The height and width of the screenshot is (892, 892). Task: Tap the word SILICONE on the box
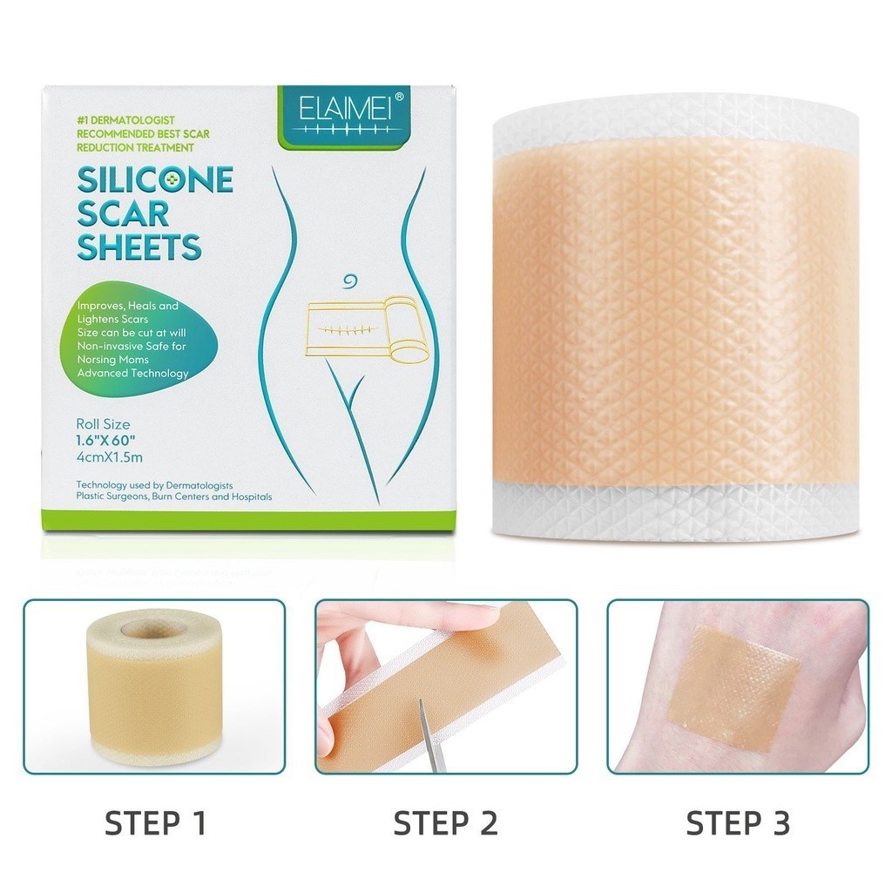(155, 179)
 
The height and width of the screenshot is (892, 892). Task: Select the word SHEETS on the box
(139, 247)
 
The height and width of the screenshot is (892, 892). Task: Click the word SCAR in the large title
(123, 213)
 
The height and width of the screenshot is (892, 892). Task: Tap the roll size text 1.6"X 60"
(105, 440)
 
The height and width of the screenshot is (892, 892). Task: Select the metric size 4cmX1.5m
(109, 456)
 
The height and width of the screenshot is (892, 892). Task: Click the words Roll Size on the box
(103, 424)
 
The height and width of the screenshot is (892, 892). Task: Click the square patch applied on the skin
(735, 686)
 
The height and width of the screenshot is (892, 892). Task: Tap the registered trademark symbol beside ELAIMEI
(399, 97)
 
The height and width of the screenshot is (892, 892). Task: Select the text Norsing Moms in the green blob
(112, 360)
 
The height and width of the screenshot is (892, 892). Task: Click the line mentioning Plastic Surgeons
(174, 497)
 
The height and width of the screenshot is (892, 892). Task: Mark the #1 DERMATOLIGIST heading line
(125, 120)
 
